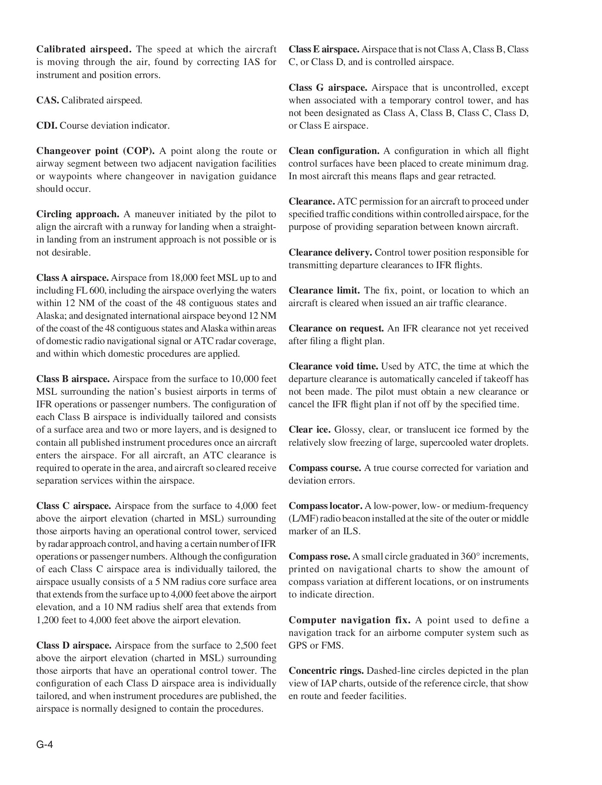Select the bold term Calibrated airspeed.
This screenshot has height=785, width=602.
pos(84,49)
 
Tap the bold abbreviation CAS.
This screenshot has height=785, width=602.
pos(48,100)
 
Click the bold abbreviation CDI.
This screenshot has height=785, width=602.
pos(47,126)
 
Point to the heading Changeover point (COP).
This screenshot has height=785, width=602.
pos(95,151)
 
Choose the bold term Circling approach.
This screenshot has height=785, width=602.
pos(78,214)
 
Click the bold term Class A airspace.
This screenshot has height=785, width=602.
pos(72,278)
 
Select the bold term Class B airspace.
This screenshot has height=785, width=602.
pos(73,379)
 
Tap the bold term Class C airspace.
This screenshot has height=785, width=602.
pos(74,506)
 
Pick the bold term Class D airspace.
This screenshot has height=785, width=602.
pos(74,645)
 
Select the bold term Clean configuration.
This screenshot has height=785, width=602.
pos(334,151)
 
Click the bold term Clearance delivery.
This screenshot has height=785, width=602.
pos(330,253)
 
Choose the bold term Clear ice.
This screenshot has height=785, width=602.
pos(310,430)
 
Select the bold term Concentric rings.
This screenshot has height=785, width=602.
pos(326,671)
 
